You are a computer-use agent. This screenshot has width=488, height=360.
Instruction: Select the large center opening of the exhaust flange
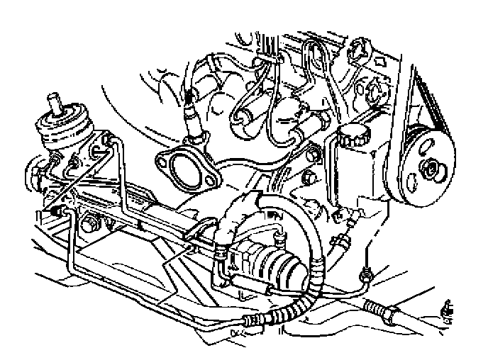(x=182, y=171)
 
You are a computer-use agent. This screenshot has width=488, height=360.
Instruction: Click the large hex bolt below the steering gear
(x=89, y=226)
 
